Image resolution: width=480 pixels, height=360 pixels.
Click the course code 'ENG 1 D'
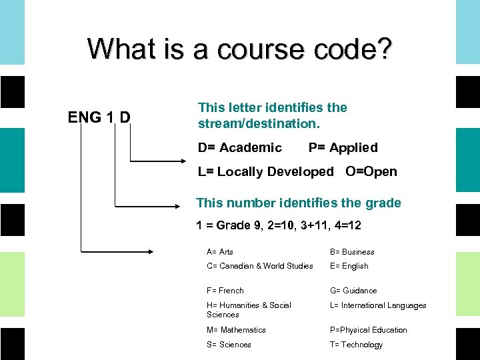99,118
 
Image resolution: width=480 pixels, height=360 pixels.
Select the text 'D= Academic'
239,147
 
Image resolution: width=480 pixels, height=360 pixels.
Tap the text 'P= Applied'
343,147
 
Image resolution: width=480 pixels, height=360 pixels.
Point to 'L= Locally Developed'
265,171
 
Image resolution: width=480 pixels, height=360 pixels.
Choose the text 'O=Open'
371,171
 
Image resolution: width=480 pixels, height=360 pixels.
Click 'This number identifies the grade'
298,203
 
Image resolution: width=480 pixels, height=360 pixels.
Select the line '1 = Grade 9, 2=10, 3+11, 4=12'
279,225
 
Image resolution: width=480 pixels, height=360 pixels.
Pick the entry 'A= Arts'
220,252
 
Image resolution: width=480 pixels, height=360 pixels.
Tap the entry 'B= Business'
352,252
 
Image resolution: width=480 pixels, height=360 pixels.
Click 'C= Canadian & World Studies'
259,266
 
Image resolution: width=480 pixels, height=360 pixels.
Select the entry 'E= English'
349,266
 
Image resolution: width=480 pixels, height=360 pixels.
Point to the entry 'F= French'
225,291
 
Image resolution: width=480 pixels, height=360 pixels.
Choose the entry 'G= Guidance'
353,291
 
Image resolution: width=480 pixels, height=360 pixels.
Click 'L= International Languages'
378,305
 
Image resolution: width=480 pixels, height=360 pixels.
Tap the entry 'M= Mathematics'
236,330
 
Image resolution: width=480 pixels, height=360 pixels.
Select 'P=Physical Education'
368,330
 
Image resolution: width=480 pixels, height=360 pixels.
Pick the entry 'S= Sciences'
229,345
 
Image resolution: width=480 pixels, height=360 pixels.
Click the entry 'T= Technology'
356,345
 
